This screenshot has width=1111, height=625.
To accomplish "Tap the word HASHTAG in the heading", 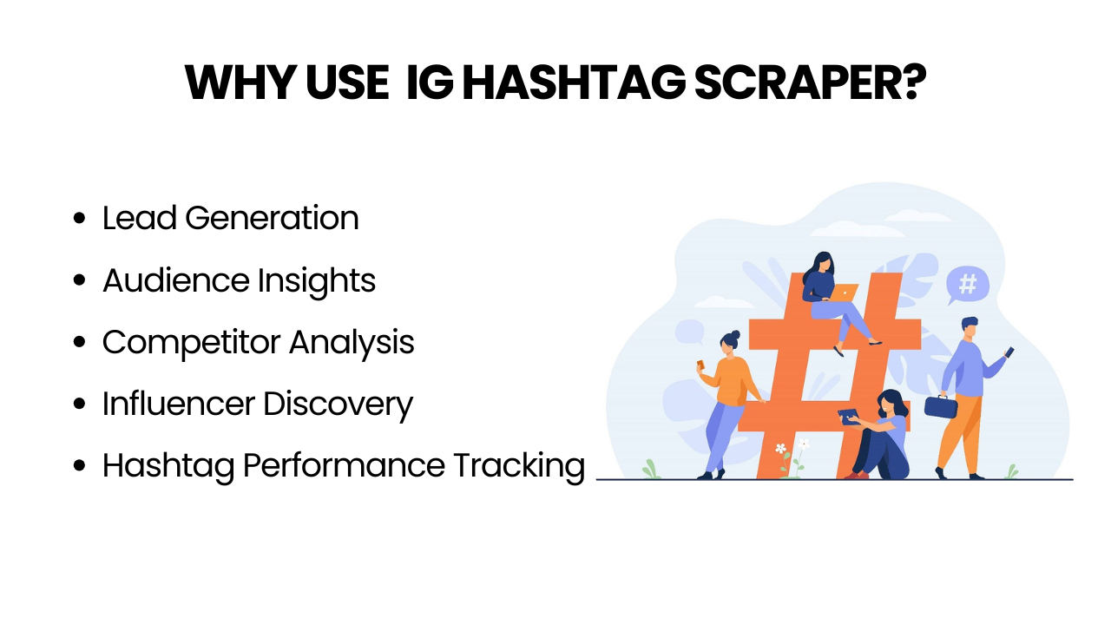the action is click(x=575, y=82).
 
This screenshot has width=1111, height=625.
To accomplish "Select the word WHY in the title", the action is click(x=241, y=82).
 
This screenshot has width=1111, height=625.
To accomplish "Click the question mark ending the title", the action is click(x=914, y=82).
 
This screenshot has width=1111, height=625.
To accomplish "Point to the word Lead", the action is click(x=140, y=218).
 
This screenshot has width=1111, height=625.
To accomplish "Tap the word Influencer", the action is click(x=179, y=404).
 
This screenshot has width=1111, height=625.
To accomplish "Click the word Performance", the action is click(x=345, y=465).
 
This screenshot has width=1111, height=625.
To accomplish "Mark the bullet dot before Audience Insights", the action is click(x=79, y=280).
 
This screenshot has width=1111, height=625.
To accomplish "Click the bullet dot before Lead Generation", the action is click(x=79, y=218).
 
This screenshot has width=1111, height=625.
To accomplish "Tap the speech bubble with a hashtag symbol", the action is click(x=967, y=286).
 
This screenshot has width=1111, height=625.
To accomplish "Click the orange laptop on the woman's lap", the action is click(x=844, y=293).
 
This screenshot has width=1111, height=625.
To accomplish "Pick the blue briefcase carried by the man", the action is click(x=941, y=406).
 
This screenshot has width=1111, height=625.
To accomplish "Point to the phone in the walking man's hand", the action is click(x=1009, y=352).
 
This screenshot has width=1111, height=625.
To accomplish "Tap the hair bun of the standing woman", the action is click(x=735, y=335).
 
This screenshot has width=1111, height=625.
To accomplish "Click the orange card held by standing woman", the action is click(x=700, y=365).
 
